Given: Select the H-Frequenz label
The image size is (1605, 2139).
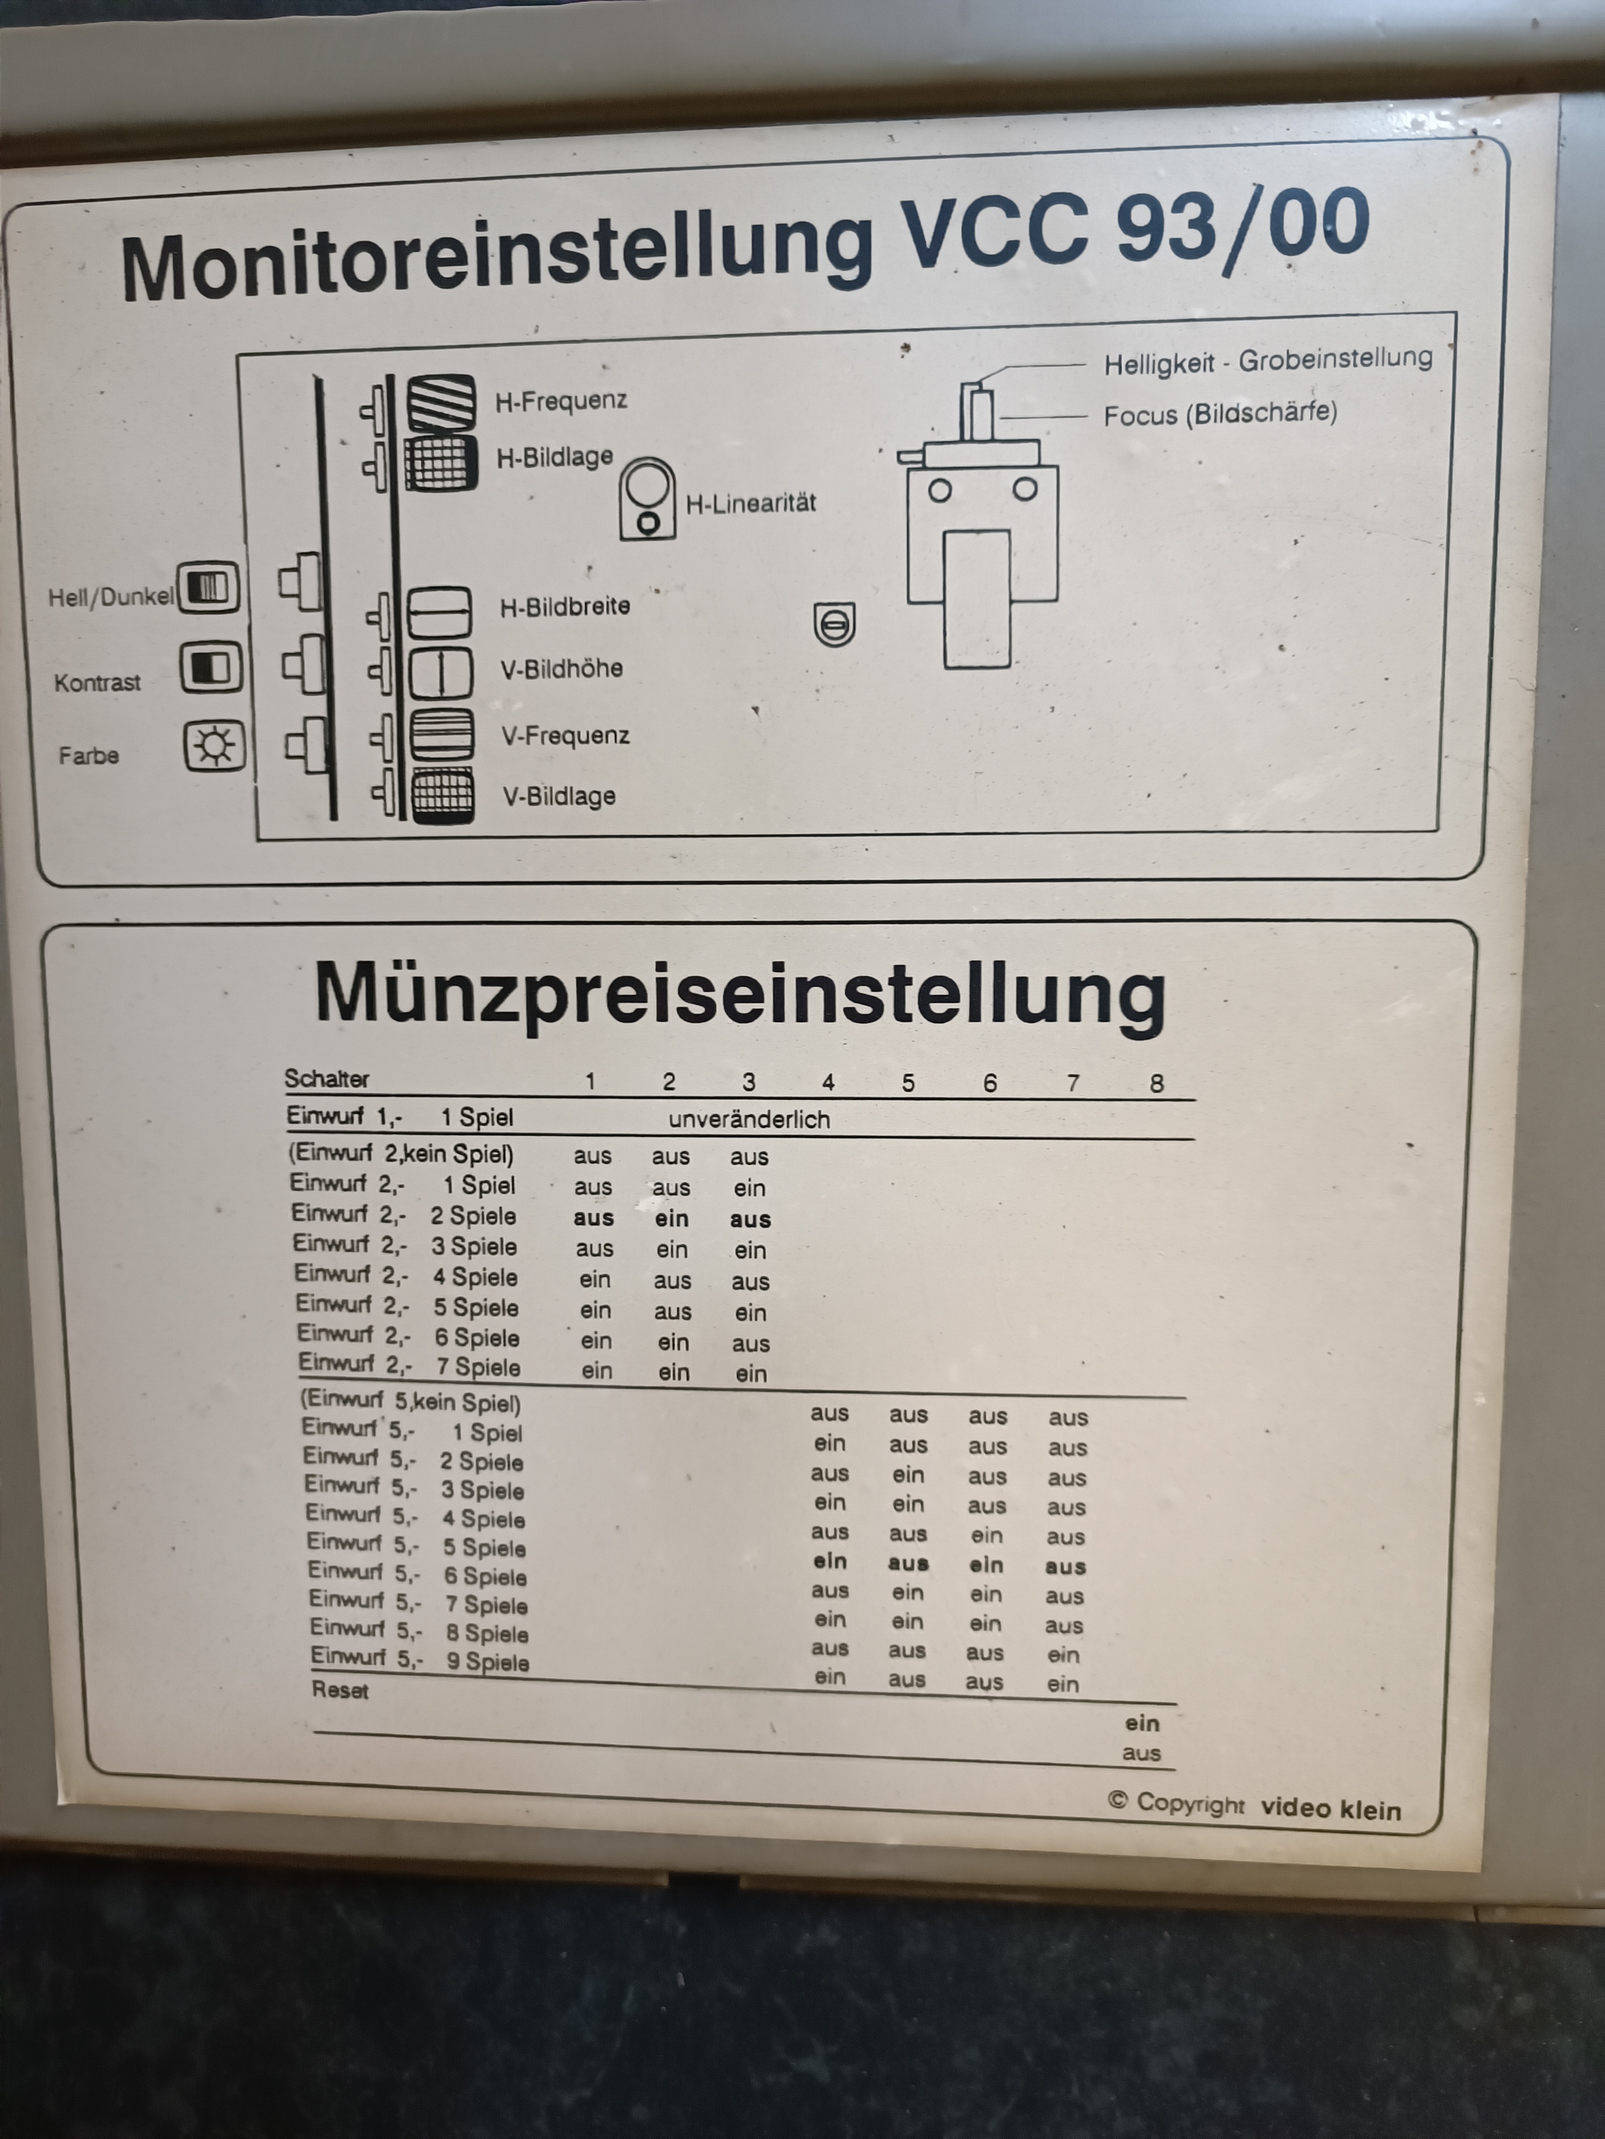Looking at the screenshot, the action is point(561,401).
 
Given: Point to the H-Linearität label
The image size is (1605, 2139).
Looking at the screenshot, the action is point(751,503).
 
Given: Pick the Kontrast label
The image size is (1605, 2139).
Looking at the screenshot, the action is point(98,683).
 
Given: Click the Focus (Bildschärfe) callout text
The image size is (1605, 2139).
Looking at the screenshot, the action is point(1221,414).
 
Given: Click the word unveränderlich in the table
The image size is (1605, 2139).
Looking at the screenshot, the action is point(749,1120).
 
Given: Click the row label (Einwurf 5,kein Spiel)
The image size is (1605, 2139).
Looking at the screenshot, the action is point(410,1401).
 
